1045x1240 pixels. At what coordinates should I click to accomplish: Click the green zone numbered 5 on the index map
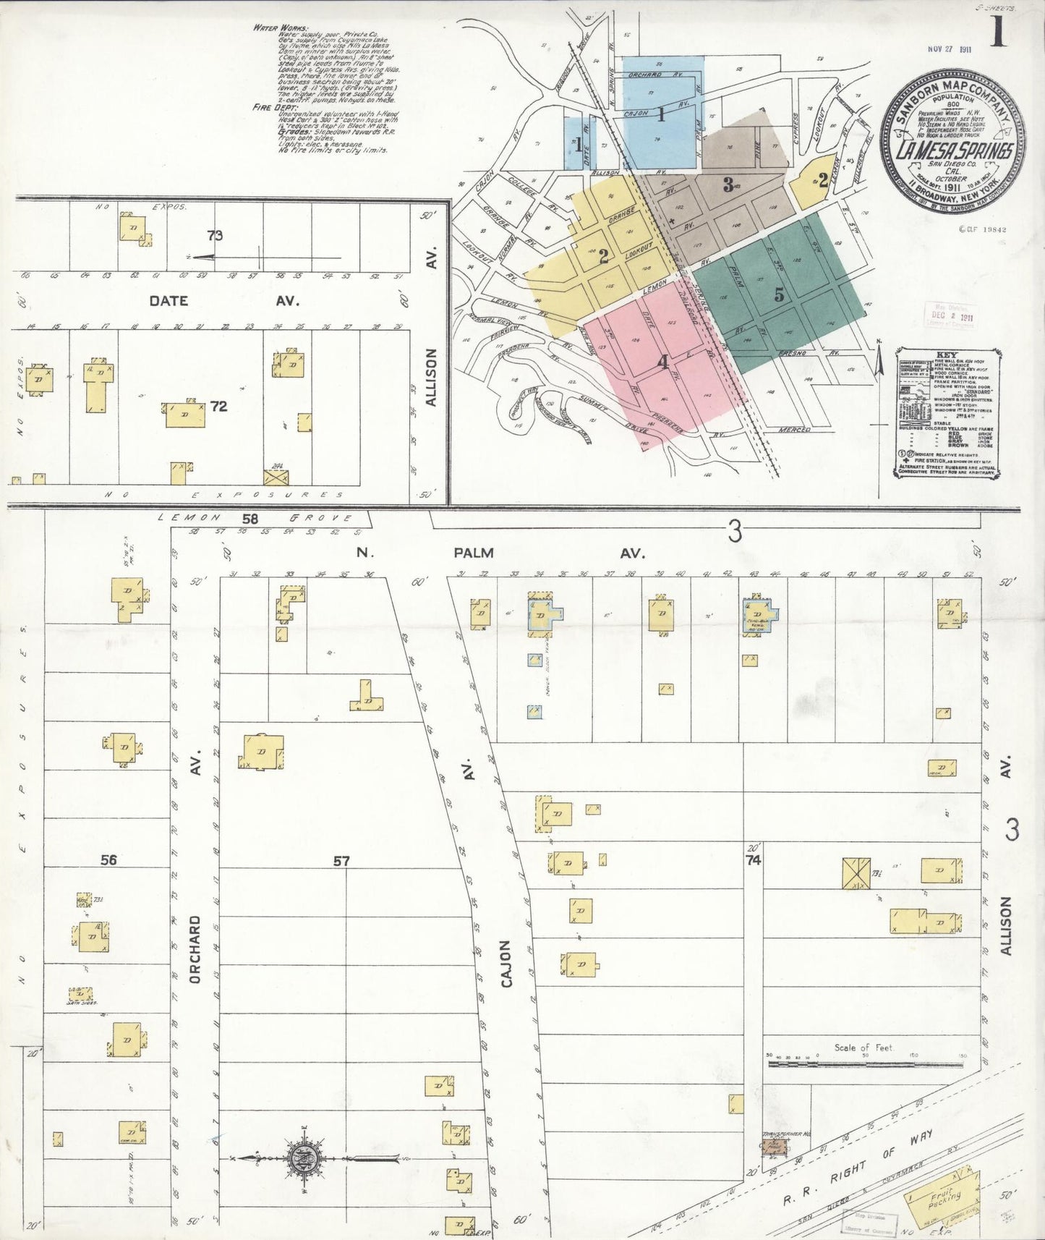(x=779, y=294)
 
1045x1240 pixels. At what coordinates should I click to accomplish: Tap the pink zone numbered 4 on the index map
(x=662, y=362)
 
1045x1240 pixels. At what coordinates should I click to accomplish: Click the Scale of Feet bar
(x=865, y=1063)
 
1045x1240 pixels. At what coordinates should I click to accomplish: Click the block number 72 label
(x=218, y=407)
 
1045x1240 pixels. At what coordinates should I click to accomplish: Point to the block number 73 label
(x=214, y=235)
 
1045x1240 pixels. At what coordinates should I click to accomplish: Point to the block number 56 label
(x=108, y=860)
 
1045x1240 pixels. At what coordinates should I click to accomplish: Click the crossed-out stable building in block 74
(x=856, y=872)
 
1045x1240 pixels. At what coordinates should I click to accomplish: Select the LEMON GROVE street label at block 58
(x=257, y=518)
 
